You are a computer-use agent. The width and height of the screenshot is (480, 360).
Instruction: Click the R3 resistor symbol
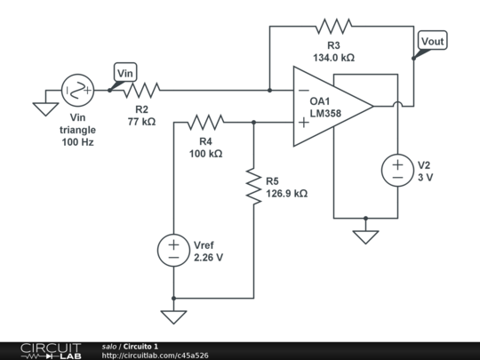(333, 26)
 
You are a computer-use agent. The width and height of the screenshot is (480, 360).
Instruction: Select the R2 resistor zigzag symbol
(141, 90)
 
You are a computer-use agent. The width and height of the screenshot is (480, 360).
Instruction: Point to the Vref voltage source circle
(173, 251)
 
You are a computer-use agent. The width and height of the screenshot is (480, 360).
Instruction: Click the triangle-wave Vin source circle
(77, 90)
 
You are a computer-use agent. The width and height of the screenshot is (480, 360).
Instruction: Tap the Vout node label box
(433, 41)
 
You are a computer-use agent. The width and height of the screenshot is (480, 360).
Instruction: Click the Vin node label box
(125, 71)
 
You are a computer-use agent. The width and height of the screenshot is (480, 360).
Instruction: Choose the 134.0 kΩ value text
(333, 57)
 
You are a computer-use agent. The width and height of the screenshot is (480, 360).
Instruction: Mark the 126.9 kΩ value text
(286, 193)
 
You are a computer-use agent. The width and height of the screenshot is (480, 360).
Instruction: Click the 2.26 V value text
(208, 257)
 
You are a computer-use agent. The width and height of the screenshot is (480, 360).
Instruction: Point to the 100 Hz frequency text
(77, 142)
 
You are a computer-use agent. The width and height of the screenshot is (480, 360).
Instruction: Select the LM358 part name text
(326, 114)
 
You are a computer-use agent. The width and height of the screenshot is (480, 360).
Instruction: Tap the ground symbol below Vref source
(173, 316)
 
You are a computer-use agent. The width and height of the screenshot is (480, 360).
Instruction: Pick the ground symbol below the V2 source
(365, 236)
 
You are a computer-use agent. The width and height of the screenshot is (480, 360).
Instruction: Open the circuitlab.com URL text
(155, 355)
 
